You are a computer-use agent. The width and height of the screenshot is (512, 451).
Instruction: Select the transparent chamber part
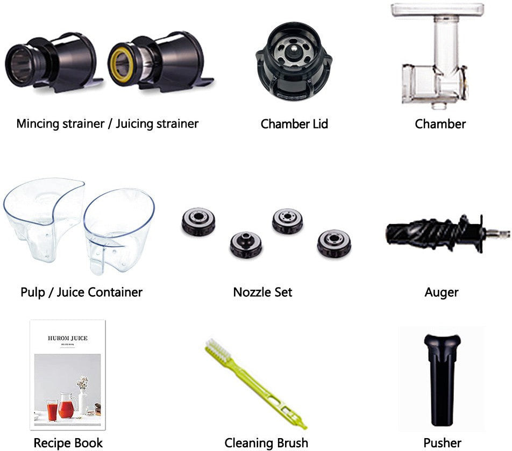tap(436, 55)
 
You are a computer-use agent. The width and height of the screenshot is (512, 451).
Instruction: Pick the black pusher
tap(443, 380)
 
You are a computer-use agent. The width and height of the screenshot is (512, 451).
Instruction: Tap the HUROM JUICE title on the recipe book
tap(68, 338)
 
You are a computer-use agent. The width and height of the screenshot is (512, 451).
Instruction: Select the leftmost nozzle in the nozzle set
tap(198, 221)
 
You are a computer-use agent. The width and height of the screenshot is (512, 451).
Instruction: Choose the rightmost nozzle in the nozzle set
tap(334, 243)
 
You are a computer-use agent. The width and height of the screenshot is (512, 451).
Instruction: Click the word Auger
tap(441, 292)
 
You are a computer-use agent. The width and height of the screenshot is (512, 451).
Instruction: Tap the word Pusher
tap(442, 443)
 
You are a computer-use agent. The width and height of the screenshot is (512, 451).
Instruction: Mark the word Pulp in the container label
tap(33, 292)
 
